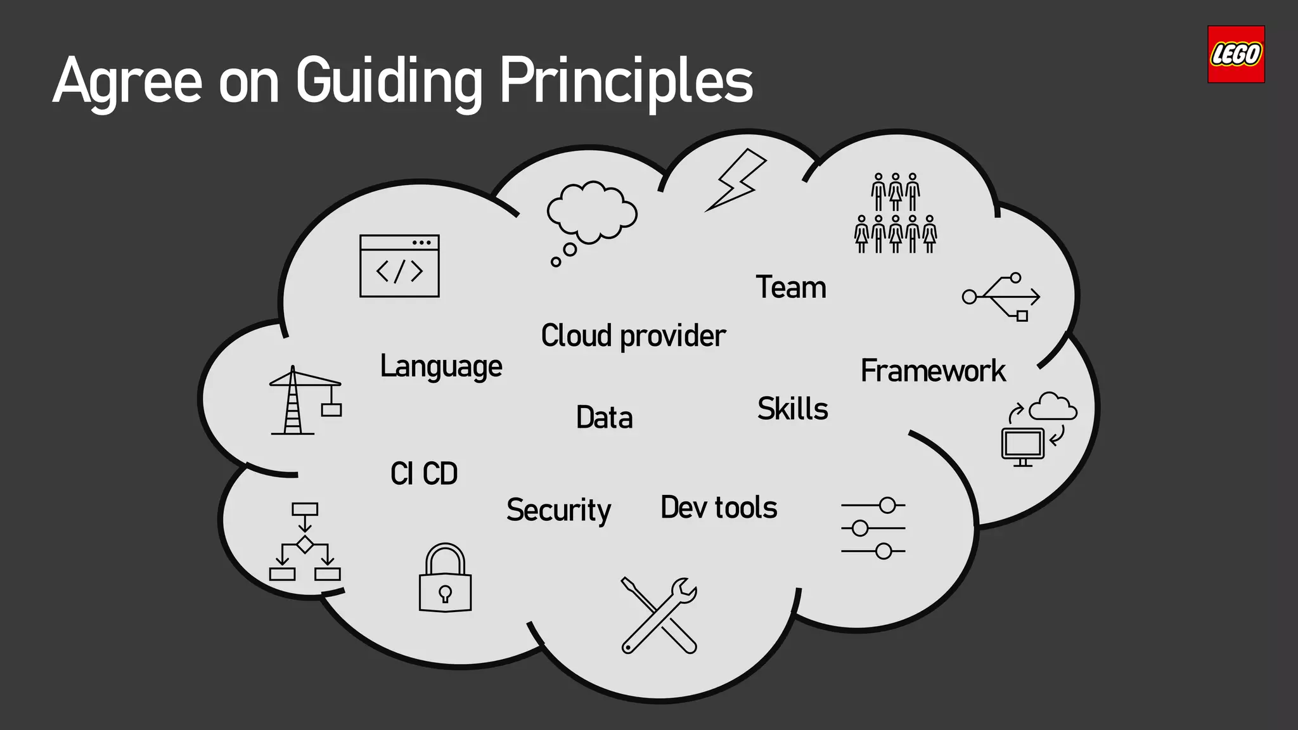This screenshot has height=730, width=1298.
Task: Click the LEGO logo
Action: pos(1235,54)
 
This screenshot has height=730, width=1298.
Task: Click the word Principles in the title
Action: pos(626,82)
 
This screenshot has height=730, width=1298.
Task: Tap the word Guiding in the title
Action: pos(389,82)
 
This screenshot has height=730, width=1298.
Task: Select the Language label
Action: pos(441,366)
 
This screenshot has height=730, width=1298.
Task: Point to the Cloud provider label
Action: pos(633,336)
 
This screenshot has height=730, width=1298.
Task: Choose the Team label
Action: pos(791,288)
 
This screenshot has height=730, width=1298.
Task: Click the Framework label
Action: pos(933,371)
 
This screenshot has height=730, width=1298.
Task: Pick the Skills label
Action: pos(793,409)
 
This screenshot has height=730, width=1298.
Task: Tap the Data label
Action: pos(605,418)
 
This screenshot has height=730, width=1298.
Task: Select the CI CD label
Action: pos(424,473)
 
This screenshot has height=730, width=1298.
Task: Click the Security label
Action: pos(558,510)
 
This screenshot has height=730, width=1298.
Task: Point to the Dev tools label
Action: pos(719,508)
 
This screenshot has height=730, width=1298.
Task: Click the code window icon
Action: pos(399,266)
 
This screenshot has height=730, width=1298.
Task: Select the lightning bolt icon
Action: pos(736,179)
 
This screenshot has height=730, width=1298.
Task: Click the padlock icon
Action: pos(445,578)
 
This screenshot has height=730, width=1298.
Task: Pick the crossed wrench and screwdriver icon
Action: pos(659,615)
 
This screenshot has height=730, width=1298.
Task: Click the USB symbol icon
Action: pos(1001,297)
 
